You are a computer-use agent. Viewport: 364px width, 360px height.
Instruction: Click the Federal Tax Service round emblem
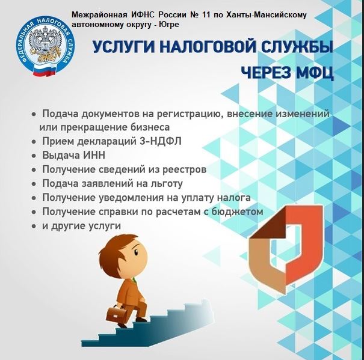(x=46, y=45)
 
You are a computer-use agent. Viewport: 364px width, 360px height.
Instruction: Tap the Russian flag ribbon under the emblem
(x=45, y=70)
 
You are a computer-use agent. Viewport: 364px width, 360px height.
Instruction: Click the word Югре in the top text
(x=169, y=25)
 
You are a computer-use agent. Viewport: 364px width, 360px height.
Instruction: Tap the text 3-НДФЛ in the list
(x=161, y=141)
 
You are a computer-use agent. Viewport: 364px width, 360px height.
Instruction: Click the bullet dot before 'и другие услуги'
(x=34, y=226)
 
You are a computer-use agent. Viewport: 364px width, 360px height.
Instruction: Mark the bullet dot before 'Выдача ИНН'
(x=34, y=156)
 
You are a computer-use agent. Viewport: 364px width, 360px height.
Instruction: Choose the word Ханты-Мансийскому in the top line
(x=267, y=15)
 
